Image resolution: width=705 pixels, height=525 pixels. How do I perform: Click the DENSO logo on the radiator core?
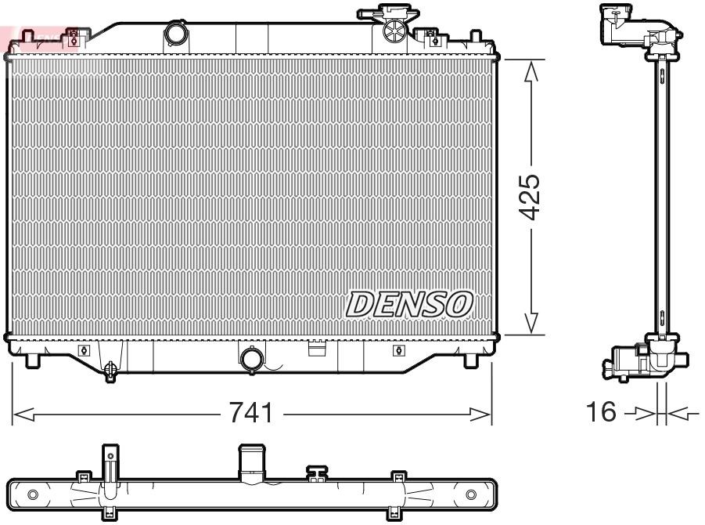click(410, 304)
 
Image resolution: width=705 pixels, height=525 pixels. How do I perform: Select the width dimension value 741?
click(251, 412)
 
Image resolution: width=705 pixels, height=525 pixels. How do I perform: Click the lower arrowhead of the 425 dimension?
click(531, 323)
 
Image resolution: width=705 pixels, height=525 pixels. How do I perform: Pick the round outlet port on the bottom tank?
click(252, 358)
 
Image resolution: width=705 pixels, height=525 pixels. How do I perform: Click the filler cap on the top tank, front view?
click(395, 30)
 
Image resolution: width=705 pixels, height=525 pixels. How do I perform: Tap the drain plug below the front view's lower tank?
click(110, 367)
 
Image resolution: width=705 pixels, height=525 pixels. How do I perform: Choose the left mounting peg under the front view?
click(32, 360)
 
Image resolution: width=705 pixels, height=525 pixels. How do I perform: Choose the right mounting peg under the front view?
click(470, 360)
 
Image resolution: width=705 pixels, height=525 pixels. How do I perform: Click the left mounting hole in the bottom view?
click(32, 494)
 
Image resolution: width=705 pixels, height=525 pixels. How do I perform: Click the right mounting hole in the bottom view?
click(471, 494)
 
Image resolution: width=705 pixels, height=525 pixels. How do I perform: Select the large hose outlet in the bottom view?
click(251, 462)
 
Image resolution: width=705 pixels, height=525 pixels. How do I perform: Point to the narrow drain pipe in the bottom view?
click(110, 462)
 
